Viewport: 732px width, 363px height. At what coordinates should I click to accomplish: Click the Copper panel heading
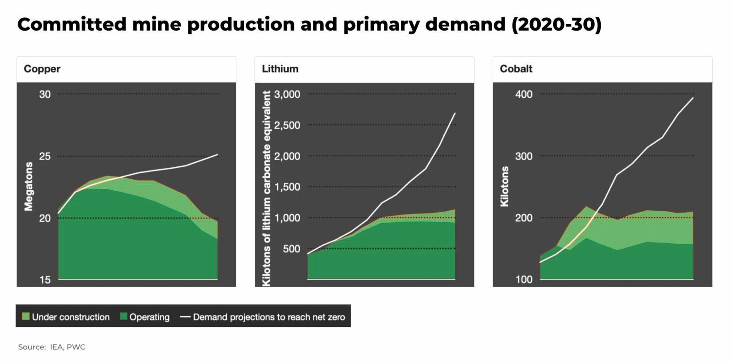[x=42, y=69]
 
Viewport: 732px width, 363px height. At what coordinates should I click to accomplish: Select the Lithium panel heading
[x=280, y=69]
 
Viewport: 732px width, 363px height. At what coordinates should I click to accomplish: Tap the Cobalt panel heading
[x=516, y=69]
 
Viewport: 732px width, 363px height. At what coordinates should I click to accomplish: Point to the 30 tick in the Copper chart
[x=45, y=94]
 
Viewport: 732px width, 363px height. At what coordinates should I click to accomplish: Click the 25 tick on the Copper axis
[x=45, y=156]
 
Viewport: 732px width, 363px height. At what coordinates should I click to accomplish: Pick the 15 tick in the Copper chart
[x=45, y=280]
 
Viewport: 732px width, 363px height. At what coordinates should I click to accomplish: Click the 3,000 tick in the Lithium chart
[x=287, y=94]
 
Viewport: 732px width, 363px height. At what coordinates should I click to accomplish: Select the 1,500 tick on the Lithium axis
[x=287, y=187]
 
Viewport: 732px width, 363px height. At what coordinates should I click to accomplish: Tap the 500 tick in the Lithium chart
[x=291, y=249]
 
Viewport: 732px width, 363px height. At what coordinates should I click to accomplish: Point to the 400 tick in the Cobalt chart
[x=524, y=94]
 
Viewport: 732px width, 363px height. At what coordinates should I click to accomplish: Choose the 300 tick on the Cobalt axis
[x=524, y=156]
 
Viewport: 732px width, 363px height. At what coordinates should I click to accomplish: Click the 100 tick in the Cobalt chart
[x=524, y=280]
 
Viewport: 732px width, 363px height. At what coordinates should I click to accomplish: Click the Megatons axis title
[x=29, y=186]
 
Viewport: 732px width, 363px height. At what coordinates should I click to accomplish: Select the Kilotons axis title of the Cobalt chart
[x=505, y=186]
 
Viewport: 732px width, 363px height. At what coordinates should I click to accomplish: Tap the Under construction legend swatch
[x=26, y=316]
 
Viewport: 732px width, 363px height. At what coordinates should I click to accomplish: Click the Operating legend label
[x=149, y=317]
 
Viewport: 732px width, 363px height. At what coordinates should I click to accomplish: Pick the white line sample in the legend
[x=185, y=316]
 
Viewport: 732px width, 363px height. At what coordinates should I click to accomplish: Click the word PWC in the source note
[x=76, y=347]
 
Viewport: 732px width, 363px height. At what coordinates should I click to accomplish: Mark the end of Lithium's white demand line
[x=455, y=113]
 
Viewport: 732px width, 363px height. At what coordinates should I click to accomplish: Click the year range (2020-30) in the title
[x=556, y=24]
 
